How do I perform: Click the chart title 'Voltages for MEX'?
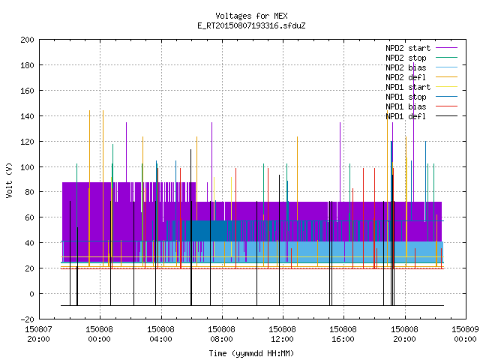click(x=251, y=16)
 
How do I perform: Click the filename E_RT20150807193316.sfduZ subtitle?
click(x=251, y=25)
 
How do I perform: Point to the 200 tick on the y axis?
click(x=27, y=40)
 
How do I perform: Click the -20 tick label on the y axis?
click(x=27, y=319)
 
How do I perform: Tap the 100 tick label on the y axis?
click(x=27, y=167)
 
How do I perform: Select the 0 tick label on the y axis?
click(x=31, y=294)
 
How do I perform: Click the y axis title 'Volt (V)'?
click(x=10, y=181)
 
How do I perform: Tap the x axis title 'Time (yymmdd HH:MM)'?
click(x=251, y=353)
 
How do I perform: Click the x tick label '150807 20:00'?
click(x=38, y=334)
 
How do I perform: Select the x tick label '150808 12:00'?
click(x=282, y=334)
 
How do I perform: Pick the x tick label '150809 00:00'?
click(x=465, y=334)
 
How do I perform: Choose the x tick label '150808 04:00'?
click(x=160, y=334)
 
